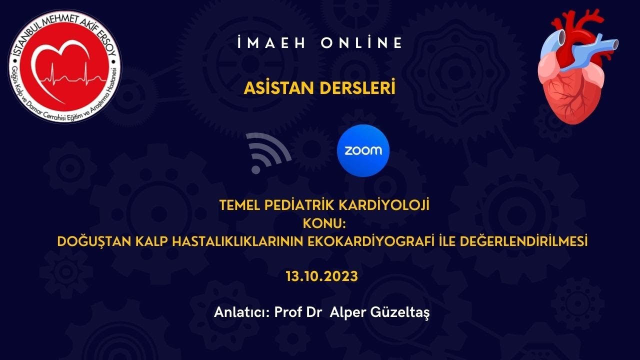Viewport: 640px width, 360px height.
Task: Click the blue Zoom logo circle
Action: [x=363, y=150]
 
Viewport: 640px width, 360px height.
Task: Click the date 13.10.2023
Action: [x=322, y=276]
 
